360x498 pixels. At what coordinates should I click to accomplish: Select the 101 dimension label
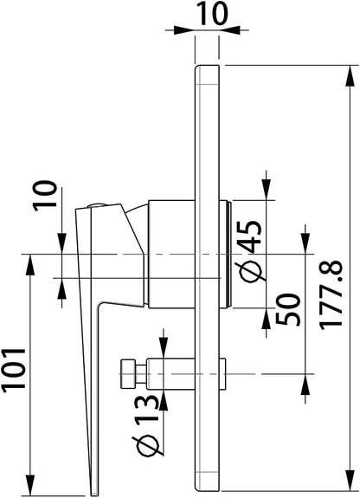pyautogui.click(x=14, y=370)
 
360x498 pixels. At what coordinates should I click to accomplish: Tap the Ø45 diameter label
pyautogui.click(x=250, y=250)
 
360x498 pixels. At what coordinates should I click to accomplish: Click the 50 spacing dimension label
pyautogui.click(x=288, y=310)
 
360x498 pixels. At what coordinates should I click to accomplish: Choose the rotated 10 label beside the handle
pyautogui.click(x=46, y=196)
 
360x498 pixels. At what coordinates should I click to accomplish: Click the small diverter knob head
pyautogui.click(x=127, y=374)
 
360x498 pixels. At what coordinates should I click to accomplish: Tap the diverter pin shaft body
pyautogui.click(x=170, y=374)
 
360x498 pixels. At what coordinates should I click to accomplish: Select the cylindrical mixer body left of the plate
pyautogui.click(x=171, y=254)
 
